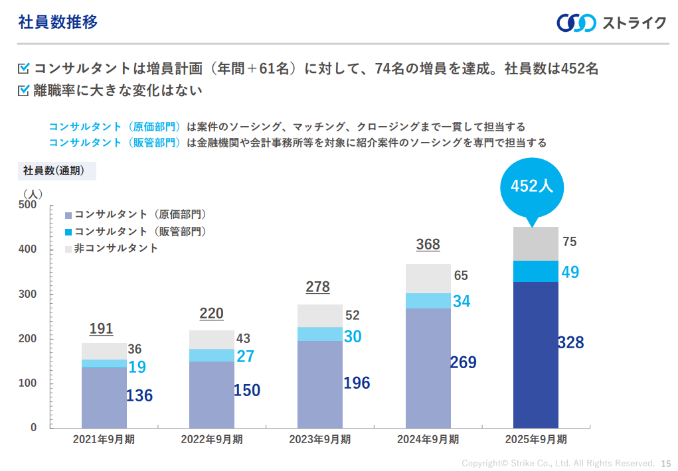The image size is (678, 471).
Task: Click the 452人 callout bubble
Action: tap(531, 186)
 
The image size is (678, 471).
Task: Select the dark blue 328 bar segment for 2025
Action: tap(535, 354)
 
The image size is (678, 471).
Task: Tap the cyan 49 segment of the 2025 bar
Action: tap(535, 271)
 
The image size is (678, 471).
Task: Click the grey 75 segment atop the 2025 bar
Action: tap(535, 243)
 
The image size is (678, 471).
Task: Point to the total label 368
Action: tap(428, 245)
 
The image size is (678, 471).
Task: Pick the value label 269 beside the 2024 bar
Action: tap(464, 363)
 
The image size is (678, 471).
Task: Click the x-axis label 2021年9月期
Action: tap(104, 439)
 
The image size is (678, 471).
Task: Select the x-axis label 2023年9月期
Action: tap(319, 439)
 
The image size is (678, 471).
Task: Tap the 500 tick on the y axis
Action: tap(28, 205)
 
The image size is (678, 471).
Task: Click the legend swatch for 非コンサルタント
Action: tap(68, 249)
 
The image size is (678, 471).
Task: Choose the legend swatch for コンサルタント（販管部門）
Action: tap(68, 232)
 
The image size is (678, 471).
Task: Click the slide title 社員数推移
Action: tap(58, 23)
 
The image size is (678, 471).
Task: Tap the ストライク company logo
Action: tap(611, 23)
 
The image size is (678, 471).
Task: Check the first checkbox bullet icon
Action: tap(24, 68)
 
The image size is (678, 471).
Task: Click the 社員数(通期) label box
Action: tap(56, 170)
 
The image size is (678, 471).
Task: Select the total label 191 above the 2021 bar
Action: tap(101, 329)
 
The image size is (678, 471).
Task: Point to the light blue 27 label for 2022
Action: tap(246, 356)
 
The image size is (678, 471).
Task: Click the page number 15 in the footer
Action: tap(666, 463)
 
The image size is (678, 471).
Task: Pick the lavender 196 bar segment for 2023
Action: tap(319, 384)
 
